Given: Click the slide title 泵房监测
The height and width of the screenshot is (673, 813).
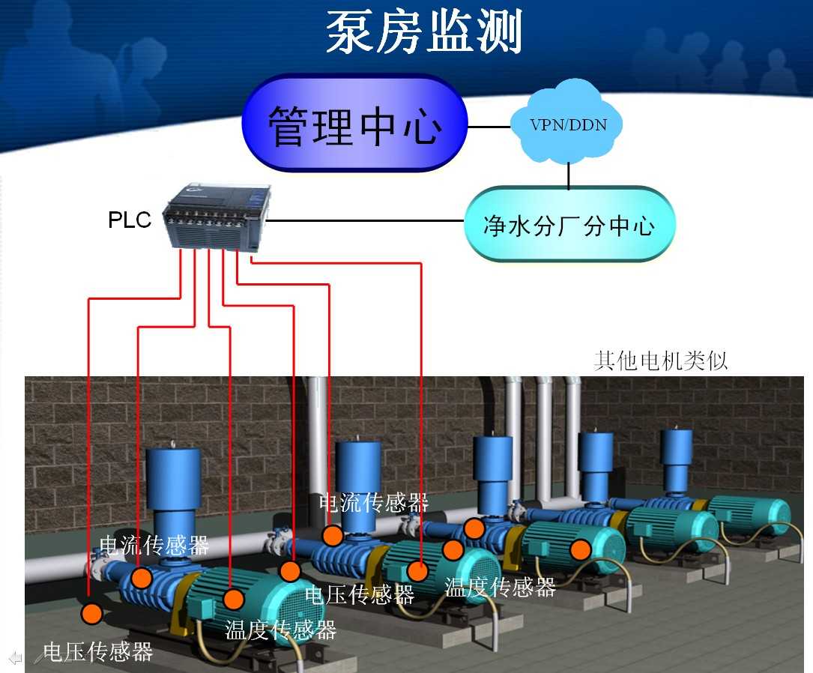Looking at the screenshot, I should tap(423, 31).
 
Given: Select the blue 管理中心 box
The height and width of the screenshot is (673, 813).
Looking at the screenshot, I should tap(354, 124).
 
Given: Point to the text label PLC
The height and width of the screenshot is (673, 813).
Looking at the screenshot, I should tap(130, 220).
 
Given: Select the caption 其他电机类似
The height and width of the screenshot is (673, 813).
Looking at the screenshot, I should tap(660, 360).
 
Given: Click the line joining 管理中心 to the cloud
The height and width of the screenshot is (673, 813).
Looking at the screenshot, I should tap(489, 127).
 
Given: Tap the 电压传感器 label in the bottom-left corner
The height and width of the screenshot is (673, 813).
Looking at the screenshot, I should tap(97, 651).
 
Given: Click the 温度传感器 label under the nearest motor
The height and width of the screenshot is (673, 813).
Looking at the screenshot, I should tap(281, 630).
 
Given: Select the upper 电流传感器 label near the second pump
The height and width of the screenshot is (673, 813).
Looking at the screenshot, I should tap(373, 502).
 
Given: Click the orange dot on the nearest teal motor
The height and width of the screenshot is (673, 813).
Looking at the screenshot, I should tap(234, 599).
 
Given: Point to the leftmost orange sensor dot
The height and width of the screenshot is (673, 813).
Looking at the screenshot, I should tap(91, 614).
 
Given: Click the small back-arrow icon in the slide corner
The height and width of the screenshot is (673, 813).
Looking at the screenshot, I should tap(15, 658).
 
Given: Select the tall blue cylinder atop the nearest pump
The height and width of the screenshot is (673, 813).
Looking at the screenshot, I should tap(173, 480).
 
